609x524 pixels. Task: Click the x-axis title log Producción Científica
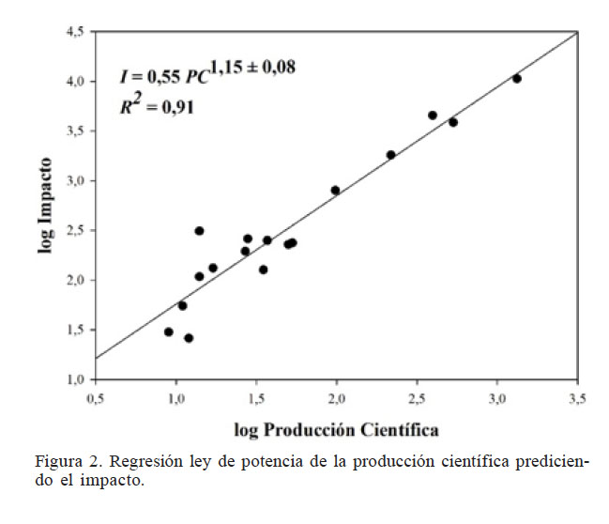(x=336, y=430)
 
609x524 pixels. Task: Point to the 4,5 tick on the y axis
(x=75, y=32)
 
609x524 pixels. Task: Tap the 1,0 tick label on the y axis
(x=75, y=379)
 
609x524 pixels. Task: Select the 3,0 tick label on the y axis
(x=75, y=180)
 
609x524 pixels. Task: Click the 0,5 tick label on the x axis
(x=95, y=398)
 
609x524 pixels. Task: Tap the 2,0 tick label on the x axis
(x=336, y=398)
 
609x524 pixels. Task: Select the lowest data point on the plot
(x=189, y=338)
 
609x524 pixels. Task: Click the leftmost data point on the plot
(x=169, y=331)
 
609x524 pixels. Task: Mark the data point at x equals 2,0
(x=335, y=190)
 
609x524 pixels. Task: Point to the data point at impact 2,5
(x=199, y=230)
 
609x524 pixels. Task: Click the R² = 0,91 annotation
(x=157, y=107)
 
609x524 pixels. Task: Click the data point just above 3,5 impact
(x=433, y=116)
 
